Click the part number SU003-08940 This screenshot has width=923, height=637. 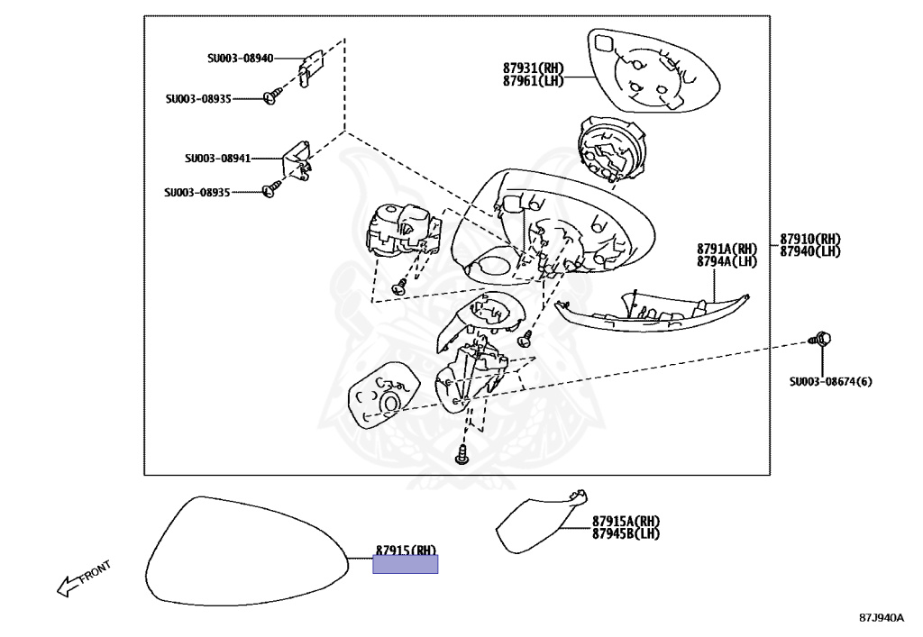click(x=240, y=59)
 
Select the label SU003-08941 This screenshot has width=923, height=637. click(x=217, y=159)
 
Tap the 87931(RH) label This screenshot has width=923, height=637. click(x=533, y=68)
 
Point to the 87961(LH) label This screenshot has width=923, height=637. click(x=533, y=80)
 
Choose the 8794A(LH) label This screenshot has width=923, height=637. click(x=727, y=261)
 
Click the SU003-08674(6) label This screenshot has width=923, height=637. click(x=830, y=381)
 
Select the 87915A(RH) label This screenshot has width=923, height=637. click(x=626, y=521)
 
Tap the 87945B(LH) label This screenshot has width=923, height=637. click(x=626, y=533)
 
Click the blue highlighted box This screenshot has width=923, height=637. click(x=406, y=564)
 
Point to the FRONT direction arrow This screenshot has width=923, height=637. click(x=82, y=578)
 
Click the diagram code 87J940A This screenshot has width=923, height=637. click(x=881, y=618)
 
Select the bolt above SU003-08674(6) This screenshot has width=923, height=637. click(x=820, y=340)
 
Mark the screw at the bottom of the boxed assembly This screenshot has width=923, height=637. click(x=462, y=455)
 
